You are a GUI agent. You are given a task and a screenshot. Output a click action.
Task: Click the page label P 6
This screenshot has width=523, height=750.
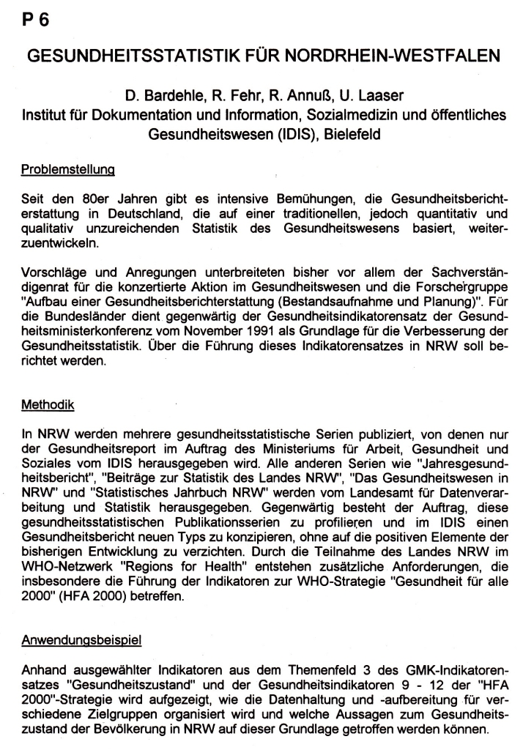(x=36, y=21)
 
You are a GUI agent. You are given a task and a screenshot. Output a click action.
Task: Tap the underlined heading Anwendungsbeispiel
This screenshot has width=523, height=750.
(x=81, y=639)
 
